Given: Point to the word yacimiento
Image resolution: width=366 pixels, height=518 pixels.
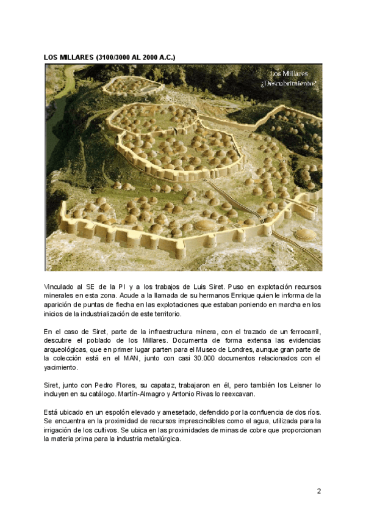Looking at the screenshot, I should coord(60,368).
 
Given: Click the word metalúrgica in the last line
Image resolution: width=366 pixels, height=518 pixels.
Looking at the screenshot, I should coord(161,439).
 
